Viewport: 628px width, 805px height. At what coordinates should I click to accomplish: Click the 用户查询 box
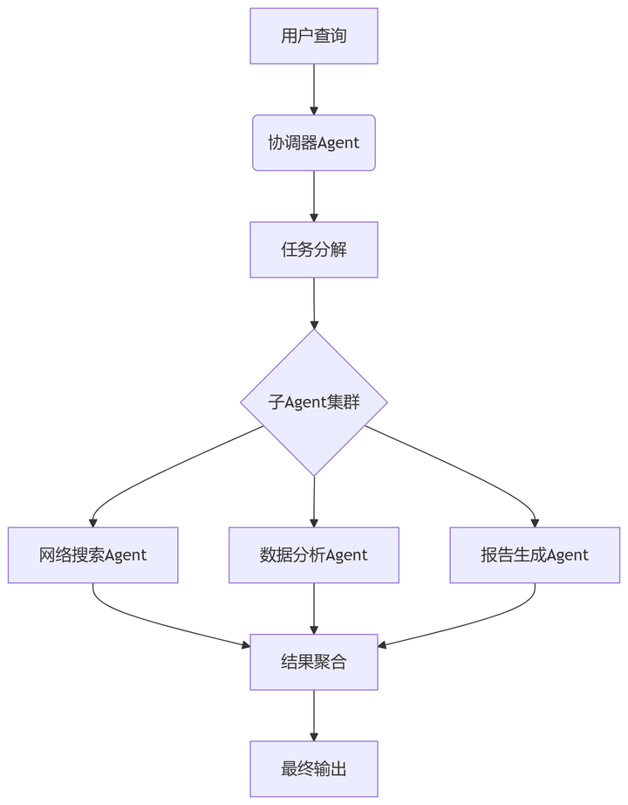click(x=314, y=36)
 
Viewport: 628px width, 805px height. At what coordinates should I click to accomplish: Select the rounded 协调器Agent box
click(x=314, y=142)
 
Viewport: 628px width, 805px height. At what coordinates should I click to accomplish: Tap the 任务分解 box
click(x=314, y=250)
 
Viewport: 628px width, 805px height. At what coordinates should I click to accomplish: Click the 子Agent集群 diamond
click(x=314, y=402)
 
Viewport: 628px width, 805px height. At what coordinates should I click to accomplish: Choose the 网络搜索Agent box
click(x=92, y=555)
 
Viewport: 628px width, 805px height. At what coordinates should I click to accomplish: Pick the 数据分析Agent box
click(x=314, y=555)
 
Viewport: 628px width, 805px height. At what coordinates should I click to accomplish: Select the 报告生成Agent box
click(x=535, y=555)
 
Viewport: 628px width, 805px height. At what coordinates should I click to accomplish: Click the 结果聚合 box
click(x=314, y=662)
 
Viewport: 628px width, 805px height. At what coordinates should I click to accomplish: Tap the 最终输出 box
click(x=314, y=769)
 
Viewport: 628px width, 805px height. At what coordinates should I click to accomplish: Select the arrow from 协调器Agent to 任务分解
click(x=314, y=196)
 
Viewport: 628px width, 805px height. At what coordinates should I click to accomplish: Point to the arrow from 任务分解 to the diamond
click(x=314, y=303)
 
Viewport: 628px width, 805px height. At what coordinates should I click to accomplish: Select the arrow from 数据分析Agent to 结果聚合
click(x=314, y=609)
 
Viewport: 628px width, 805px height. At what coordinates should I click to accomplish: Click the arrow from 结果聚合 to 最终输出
click(x=314, y=715)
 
